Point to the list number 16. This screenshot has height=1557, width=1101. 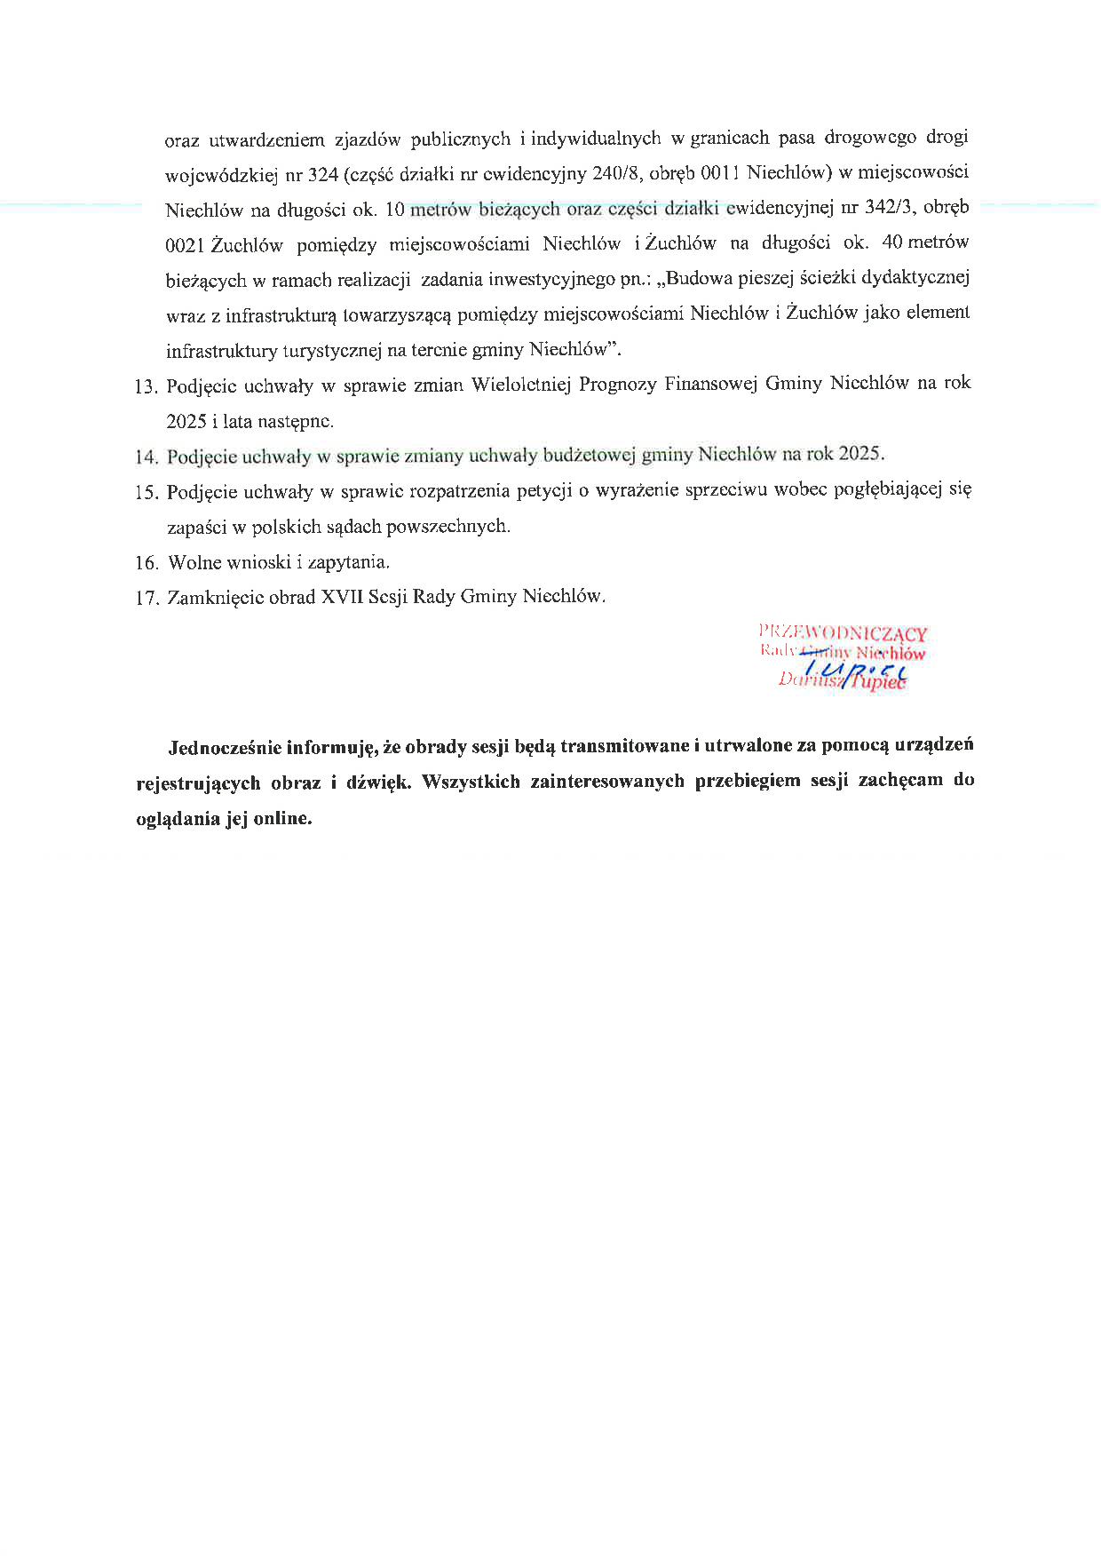(147, 563)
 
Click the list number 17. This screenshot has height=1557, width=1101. (147, 599)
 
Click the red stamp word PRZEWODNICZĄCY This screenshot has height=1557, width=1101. (843, 633)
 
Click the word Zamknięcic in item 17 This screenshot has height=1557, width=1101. (216, 598)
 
